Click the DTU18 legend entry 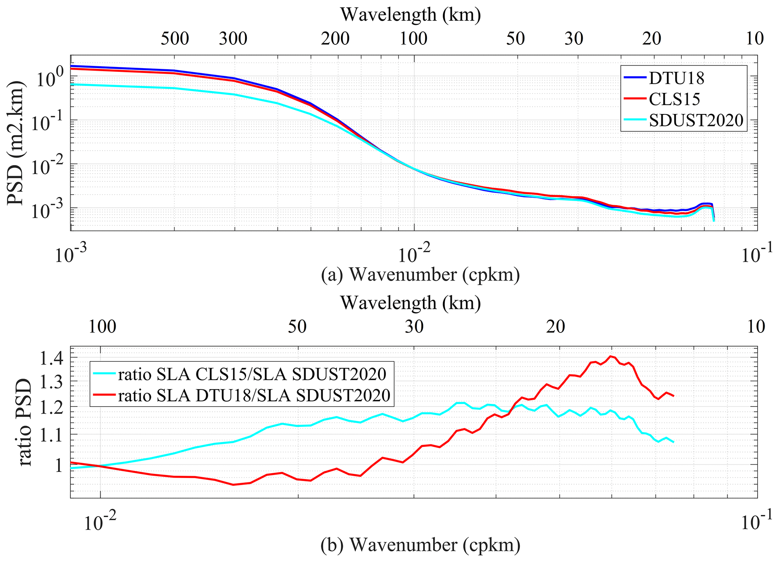coord(676,78)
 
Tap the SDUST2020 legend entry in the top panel coord(696,120)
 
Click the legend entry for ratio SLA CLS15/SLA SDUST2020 coord(252,374)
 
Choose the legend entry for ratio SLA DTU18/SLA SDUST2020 coord(254,395)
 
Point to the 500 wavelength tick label coord(174,38)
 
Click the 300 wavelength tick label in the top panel coord(233,38)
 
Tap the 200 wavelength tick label coord(335,38)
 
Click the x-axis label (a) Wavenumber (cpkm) coord(420,275)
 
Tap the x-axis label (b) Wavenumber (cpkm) coord(420,545)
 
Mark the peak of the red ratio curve coord(610,356)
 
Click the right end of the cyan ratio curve coord(673,442)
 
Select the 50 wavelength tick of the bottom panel coord(297,327)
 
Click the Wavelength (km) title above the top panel coord(411,15)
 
